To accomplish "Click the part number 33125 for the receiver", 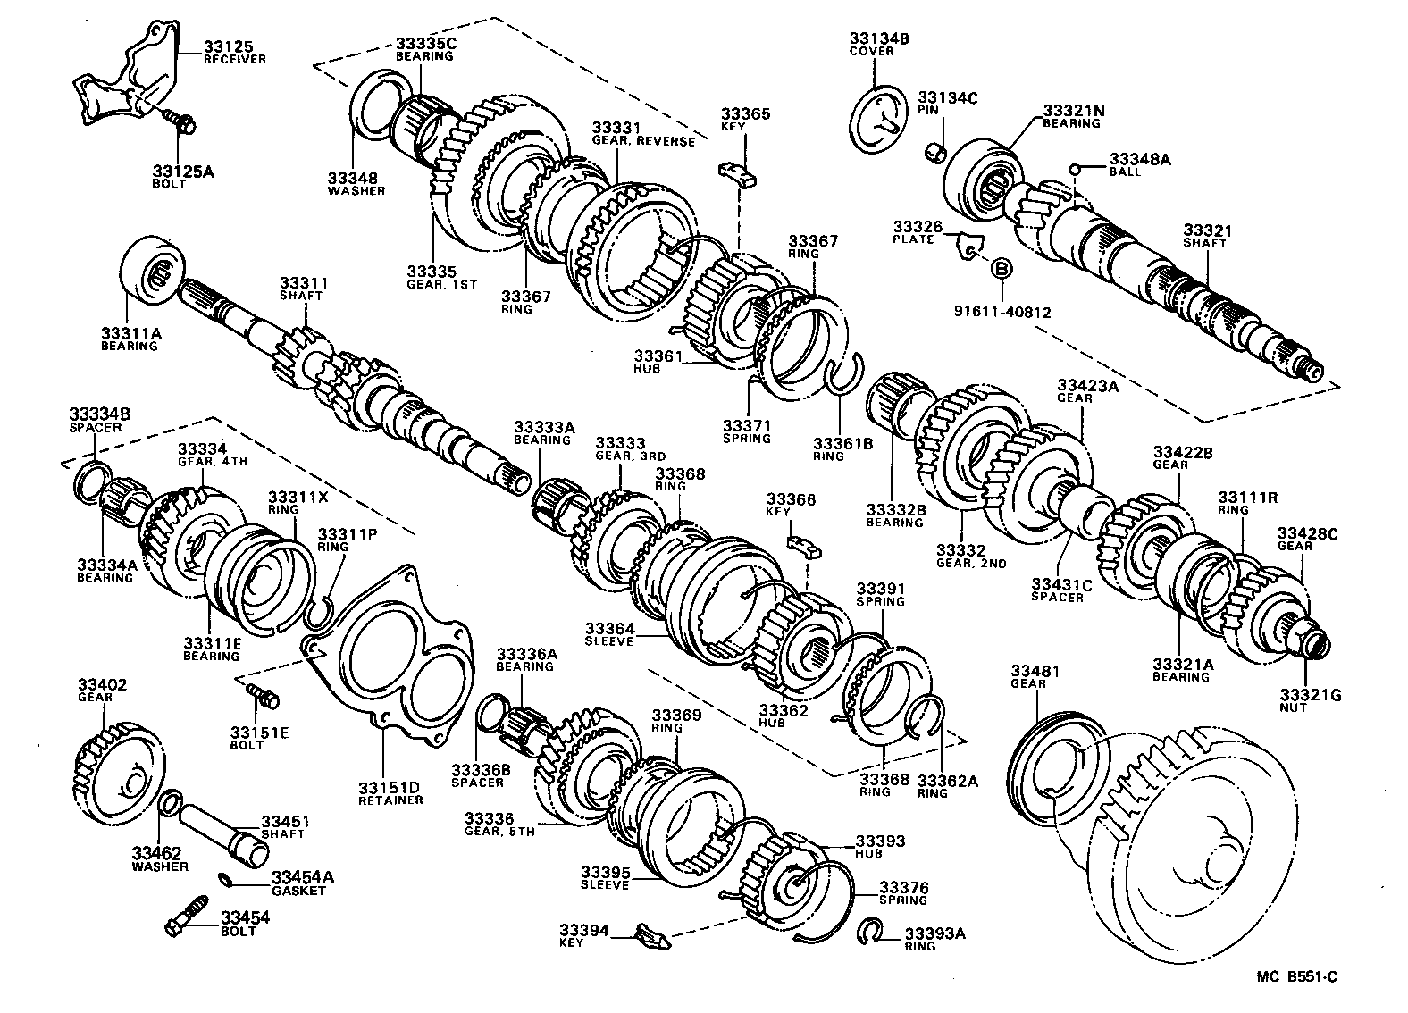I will (x=229, y=46).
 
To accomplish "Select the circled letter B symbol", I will (x=1001, y=268).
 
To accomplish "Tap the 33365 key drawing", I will (x=738, y=172).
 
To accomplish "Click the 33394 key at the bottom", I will (x=651, y=937).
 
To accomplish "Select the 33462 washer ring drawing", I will (x=171, y=804).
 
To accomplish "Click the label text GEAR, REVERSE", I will (x=642, y=141).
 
